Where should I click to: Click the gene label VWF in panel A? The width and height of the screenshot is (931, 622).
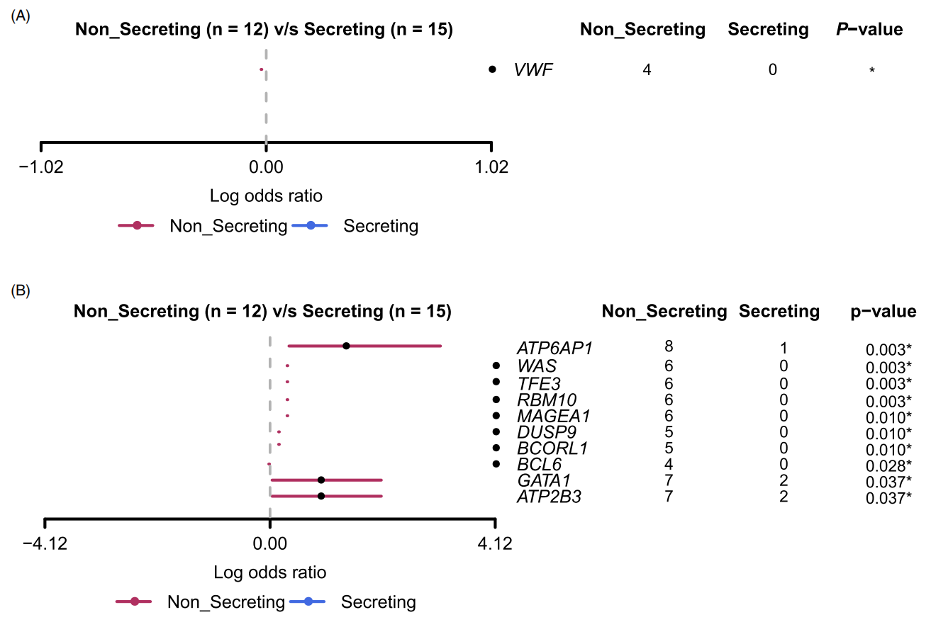pos(533,69)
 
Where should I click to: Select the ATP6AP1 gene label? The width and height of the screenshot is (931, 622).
pos(554,348)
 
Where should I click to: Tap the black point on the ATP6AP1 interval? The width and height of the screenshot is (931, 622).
pos(346,346)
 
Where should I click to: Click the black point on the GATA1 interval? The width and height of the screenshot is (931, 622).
pos(321,480)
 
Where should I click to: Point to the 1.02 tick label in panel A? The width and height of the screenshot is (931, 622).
pos(491,167)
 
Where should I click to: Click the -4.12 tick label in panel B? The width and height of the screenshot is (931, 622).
pos(45,543)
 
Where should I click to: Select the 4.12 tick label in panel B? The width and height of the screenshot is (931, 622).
pos(495,543)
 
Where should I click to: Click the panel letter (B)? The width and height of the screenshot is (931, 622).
pos(21,290)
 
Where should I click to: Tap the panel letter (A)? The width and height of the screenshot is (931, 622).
pos(21,16)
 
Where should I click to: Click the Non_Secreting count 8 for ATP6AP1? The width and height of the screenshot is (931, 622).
pos(669,346)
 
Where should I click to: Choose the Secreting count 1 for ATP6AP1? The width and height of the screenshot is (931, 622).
pos(784,348)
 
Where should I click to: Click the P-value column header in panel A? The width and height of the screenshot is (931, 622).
pos(869,29)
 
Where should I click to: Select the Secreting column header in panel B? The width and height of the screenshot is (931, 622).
pos(779,311)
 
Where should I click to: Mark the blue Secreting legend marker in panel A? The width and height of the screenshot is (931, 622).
pos(310,226)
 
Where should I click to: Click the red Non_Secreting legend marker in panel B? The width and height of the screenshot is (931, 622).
pos(134,601)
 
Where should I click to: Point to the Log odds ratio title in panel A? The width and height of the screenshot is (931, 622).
pos(266,196)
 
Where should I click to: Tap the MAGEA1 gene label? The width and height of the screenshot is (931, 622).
pos(554,416)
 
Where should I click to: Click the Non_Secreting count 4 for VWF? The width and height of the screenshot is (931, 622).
pos(647,69)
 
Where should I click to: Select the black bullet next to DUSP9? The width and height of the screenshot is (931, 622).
pos(496,432)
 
